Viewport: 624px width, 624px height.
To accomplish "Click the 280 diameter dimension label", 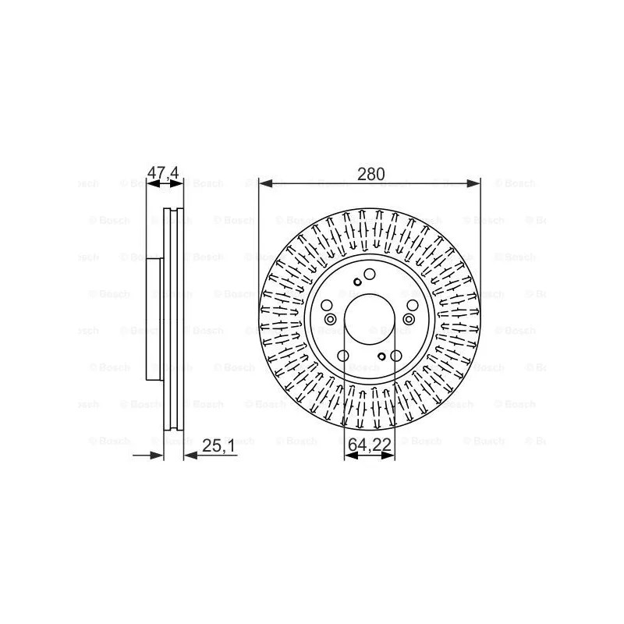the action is point(371,174).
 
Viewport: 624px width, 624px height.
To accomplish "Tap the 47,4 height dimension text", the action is point(163,172).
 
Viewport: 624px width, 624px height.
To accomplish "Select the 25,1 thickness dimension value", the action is point(218,445).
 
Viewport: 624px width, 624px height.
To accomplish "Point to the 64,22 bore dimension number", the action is point(370,445).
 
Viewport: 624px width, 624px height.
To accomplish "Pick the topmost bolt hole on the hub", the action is point(370,274).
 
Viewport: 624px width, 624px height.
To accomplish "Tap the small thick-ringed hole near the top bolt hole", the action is point(357,282).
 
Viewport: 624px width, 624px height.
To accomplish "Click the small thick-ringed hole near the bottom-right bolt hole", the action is point(381,356).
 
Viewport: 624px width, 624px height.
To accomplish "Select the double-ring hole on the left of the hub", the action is point(330,319).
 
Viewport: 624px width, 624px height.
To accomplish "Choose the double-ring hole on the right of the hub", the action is point(409,319).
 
